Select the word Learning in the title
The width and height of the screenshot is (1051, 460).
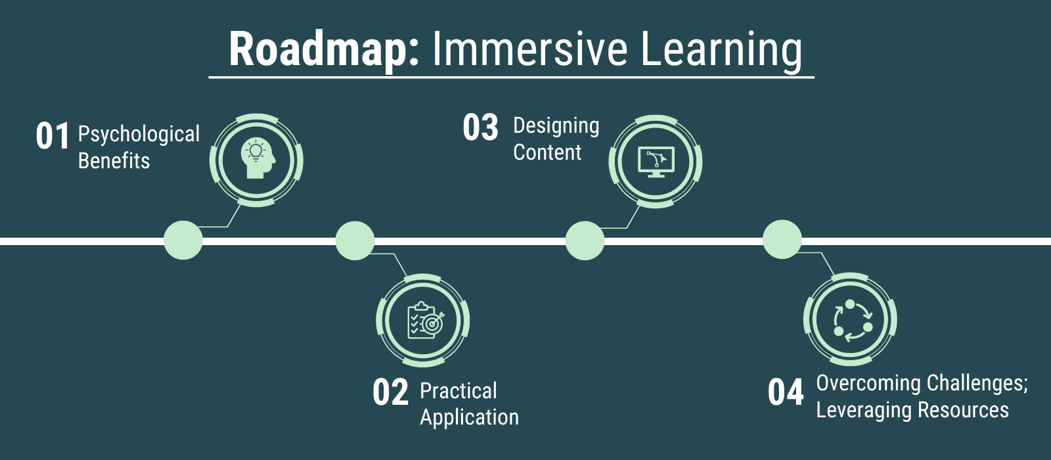click(721, 50)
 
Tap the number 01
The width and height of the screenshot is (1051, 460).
click(53, 136)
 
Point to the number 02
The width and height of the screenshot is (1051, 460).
click(390, 392)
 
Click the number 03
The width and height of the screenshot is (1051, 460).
click(480, 127)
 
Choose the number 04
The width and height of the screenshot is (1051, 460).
click(786, 392)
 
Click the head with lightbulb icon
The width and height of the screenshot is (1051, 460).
click(256, 160)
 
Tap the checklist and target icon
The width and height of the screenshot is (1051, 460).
click(423, 321)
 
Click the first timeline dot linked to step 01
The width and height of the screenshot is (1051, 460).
click(183, 241)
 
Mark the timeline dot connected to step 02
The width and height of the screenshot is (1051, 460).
click(355, 241)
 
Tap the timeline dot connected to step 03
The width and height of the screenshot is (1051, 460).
click(585, 241)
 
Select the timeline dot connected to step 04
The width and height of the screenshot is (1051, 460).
click(782, 240)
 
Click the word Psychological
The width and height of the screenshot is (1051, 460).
click(139, 135)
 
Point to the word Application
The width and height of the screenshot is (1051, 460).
click(469, 417)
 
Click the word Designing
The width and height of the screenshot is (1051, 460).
click(556, 126)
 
